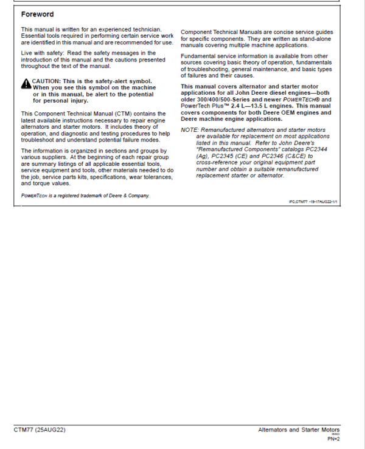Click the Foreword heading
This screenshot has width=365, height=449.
pos(37,14)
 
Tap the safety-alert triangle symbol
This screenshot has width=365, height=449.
pos(26,82)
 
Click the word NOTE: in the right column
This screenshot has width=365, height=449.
pos(190,130)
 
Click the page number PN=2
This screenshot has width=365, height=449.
pos(333,438)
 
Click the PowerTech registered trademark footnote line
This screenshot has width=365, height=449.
pos(85,196)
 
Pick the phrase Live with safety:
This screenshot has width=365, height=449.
pos(43,53)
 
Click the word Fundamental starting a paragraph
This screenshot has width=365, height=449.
pos(199,56)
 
